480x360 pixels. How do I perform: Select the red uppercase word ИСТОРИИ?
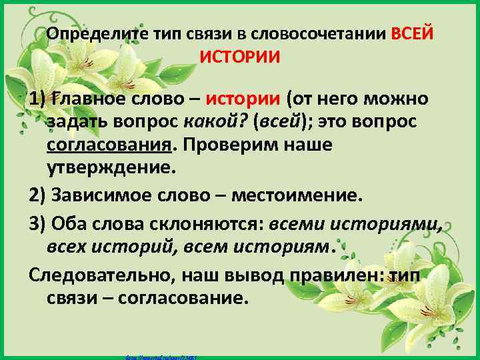point(240,57)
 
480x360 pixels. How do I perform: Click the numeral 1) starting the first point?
point(39,100)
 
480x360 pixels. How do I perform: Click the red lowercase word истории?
point(243,100)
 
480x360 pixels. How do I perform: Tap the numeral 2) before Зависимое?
point(39,196)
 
